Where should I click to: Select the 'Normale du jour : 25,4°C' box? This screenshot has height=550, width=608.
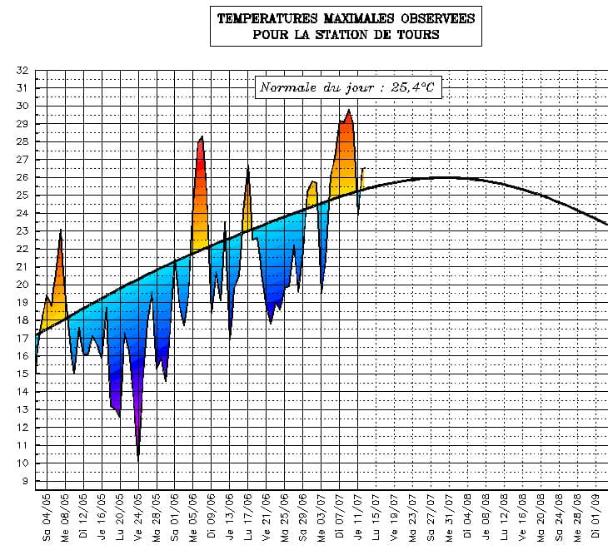pyautogui.click(x=347, y=87)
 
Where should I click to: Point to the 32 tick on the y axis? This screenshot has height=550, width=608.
pyautogui.click(x=22, y=70)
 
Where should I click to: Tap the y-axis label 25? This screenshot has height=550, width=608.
pyautogui.click(x=22, y=195)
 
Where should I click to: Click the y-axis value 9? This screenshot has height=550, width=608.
pyautogui.click(x=25, y=481)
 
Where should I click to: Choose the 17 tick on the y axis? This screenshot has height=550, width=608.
pyautogui.click(x=22, y=338)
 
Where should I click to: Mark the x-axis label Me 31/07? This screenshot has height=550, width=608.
pyautogui.click(x=450, y=517)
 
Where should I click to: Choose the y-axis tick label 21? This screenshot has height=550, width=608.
pyautogui.click(x=22, y=266)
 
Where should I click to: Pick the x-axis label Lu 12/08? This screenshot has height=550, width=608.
pyautogui.click(x=505, y=517)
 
